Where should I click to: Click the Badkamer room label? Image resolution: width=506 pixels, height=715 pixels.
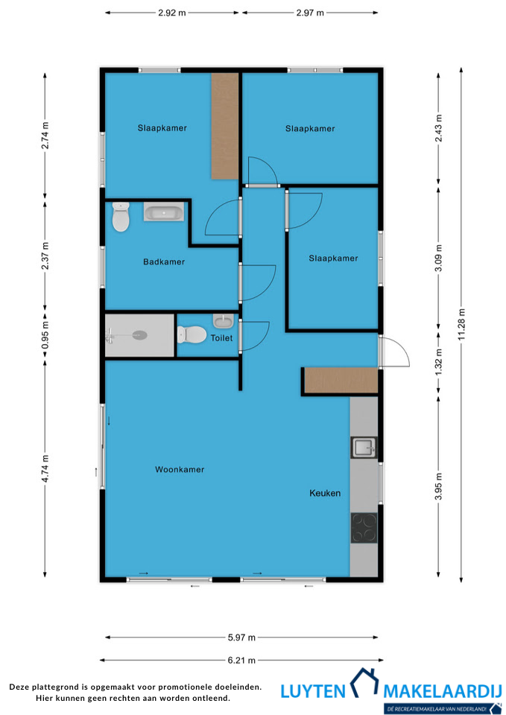(164, 261)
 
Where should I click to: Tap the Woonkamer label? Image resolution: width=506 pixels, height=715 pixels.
(180, 469)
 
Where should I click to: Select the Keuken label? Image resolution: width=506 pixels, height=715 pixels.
(325, 493)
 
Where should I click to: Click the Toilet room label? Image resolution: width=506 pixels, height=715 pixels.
(221, 338)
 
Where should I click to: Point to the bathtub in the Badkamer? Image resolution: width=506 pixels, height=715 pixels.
(164, 212)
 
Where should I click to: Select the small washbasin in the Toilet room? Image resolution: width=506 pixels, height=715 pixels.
(224, 321)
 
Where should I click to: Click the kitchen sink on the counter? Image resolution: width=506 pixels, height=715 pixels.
(364, 448)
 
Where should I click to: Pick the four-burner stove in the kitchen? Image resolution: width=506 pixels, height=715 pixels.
(364, 527)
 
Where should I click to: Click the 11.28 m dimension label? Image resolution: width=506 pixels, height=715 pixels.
(462, 324)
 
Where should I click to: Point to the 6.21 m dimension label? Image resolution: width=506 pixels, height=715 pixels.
(241, 660)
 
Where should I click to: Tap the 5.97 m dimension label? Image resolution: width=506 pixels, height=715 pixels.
(241, 638)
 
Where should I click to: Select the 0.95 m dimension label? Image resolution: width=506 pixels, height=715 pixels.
(45, 335)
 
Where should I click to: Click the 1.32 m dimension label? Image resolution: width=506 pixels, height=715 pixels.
(439, 362)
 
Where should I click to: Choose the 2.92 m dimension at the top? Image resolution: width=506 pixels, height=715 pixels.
(172, 13)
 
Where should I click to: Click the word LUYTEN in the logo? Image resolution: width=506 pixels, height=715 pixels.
(313, 691)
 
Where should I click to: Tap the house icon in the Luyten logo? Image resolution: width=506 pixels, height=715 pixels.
(364, 682)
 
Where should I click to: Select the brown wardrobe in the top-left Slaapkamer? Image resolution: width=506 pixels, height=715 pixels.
(225, 126)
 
